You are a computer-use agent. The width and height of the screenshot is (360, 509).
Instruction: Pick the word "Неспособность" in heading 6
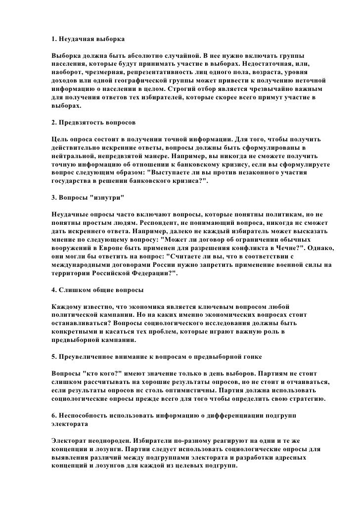[84, 417]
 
